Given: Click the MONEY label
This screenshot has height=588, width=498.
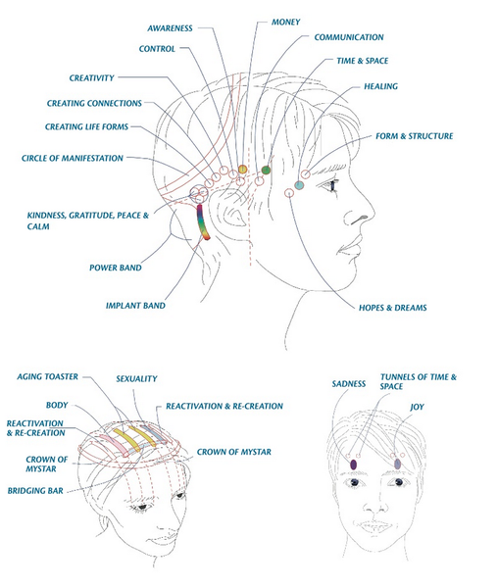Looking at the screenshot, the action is tap(285, 23).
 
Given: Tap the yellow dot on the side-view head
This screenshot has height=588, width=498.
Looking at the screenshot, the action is tap(242, 170).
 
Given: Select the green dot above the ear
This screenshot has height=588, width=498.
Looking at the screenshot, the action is tap(266, 170).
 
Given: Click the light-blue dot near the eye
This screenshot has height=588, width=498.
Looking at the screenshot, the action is tap(299, 185).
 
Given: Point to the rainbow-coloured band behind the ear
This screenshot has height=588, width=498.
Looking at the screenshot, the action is tap(203, 222).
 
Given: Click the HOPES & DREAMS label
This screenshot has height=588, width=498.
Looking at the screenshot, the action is tap(393, 308).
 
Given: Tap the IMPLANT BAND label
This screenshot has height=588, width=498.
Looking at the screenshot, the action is tap(135, 306).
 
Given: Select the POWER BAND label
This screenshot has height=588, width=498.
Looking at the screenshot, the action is tap(116, 268).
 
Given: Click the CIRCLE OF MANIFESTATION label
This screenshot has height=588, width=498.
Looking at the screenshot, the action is tap(73, 158).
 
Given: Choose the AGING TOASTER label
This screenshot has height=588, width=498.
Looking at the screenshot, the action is tap(48, 376).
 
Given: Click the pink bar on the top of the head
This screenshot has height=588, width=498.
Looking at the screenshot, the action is tap(116, 445).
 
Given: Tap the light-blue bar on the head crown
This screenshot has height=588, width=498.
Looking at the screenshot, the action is tap(153, 434).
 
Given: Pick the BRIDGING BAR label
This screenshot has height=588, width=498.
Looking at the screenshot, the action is tap(35, 491).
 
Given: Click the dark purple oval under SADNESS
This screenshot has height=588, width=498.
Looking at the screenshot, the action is tap(353, 465).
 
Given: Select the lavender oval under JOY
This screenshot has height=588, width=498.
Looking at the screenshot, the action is tap(397, 464).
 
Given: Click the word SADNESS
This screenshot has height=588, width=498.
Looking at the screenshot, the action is tap(349, 384).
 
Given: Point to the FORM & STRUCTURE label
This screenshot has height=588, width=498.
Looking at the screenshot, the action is tap(415, 136).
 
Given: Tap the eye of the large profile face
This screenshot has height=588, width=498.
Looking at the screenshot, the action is tap(332, 185).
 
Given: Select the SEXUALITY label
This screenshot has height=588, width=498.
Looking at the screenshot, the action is tap(136, 378).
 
